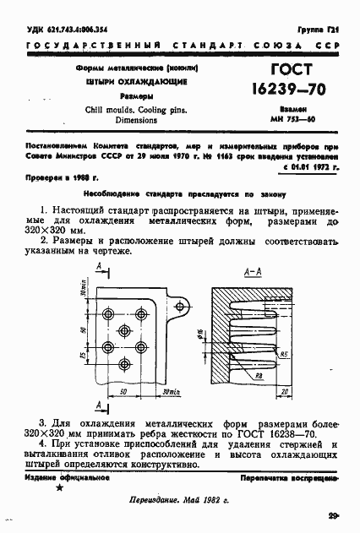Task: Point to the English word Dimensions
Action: (137, 121)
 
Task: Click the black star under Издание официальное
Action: (58, 488)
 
